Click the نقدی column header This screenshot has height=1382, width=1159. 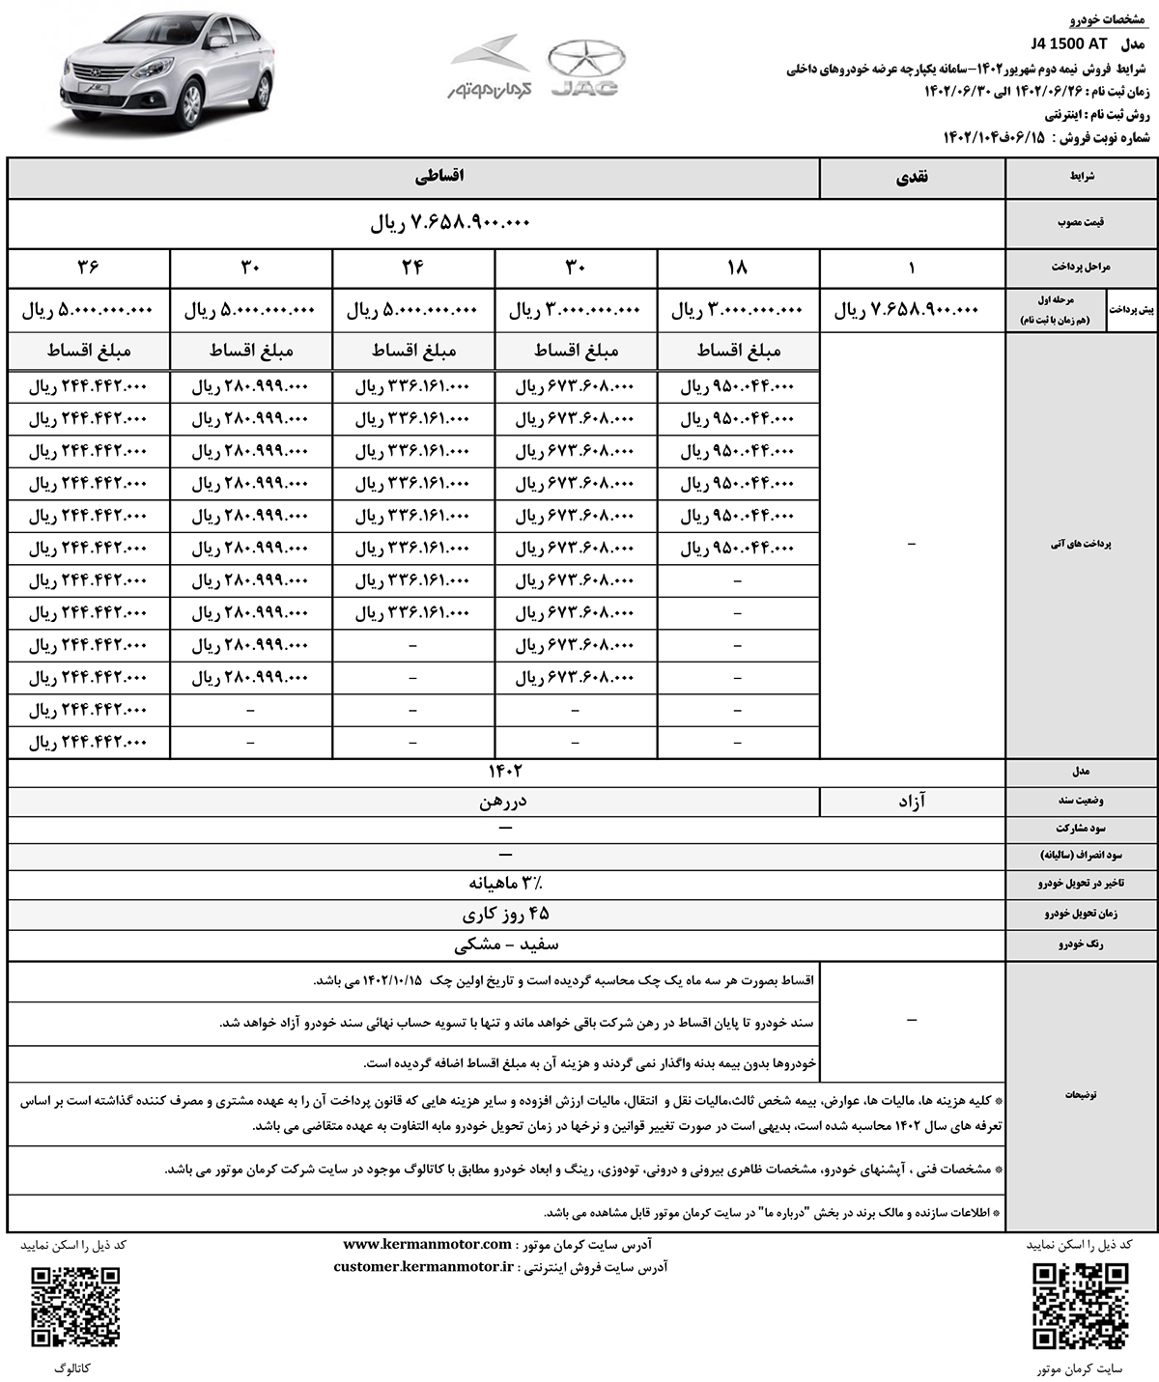pos(912,179)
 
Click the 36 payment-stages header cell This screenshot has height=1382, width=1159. pos(89,267)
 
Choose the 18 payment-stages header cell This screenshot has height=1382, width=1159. pos(738,267)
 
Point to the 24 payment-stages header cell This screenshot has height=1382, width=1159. pos(413,267)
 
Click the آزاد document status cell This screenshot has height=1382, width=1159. pos(912,801)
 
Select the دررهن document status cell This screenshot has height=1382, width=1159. pos(502,801)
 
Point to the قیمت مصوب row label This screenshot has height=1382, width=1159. pos(1083,222)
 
